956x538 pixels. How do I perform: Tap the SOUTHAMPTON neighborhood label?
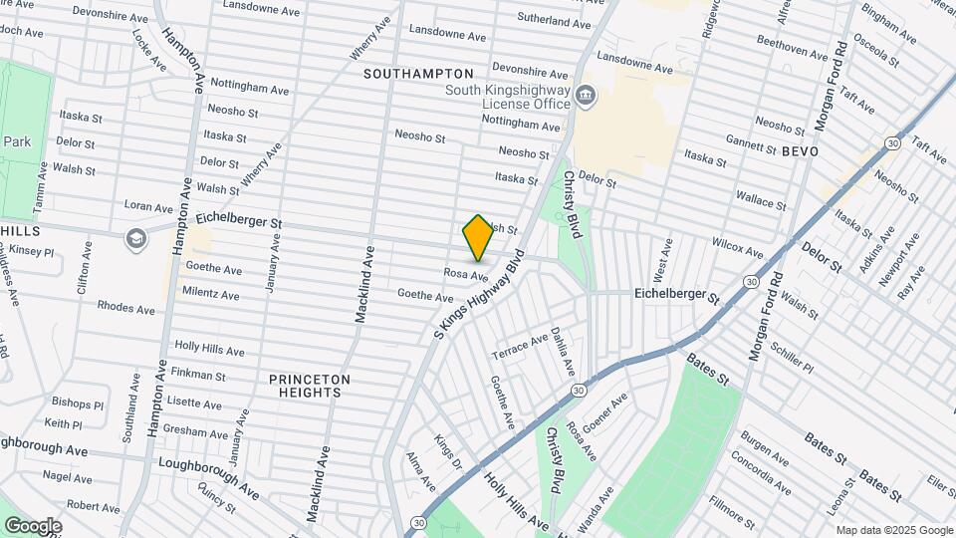(418, 74)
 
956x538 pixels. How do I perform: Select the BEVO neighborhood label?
(800, 151)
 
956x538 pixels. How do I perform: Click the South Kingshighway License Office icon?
(586, 97)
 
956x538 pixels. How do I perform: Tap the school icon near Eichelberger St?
(134, 238)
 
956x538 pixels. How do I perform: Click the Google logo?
(33, 525)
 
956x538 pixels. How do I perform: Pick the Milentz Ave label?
(210, 295)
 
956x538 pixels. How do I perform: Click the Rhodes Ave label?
(125, 308)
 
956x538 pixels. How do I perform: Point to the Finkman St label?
(197, 376)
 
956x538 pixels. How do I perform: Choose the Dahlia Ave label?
(563, 352)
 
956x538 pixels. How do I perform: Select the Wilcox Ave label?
(737, 244)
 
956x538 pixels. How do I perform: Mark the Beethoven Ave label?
(787, 46)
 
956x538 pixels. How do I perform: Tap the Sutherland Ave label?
(554, 21)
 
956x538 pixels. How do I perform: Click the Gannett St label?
(751, 144)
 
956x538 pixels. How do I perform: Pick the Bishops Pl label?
(78, 404)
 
